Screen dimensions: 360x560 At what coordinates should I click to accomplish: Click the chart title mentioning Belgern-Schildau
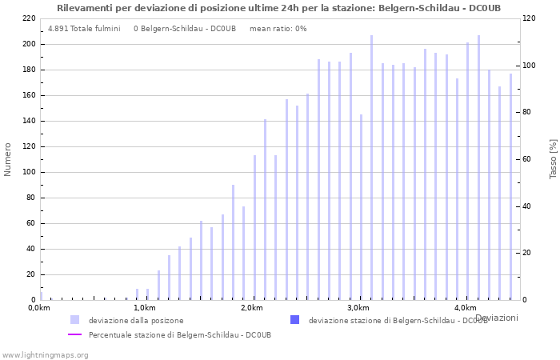[278, 8]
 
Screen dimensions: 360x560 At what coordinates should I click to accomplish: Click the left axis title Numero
[8, 159]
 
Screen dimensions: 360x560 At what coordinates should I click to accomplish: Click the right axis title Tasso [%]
[553, 158]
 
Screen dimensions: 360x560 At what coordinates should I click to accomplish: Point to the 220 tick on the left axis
[28, 18]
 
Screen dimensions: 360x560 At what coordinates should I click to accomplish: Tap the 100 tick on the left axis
[28, 172]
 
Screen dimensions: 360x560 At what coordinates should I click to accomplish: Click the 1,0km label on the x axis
[144, 308]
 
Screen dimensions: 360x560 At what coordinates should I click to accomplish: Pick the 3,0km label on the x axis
[358, 308]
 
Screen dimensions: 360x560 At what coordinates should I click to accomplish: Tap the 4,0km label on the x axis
[465, 308]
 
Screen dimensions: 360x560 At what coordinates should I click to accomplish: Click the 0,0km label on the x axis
[39, 308]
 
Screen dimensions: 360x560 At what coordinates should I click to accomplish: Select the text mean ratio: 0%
[278, 29]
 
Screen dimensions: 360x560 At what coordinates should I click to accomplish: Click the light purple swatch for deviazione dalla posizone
[74, 320]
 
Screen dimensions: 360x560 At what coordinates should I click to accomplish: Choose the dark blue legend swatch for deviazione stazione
[294, 320]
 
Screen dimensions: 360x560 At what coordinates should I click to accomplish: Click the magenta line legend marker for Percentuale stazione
[74, 334]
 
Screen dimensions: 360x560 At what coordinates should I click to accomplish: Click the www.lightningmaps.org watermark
[45, 354]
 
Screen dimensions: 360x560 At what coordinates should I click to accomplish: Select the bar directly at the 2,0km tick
[254, 228]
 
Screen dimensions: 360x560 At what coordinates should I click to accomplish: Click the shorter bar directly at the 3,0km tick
[361, 207]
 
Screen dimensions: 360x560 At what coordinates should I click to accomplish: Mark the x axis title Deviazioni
[496, 318]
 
